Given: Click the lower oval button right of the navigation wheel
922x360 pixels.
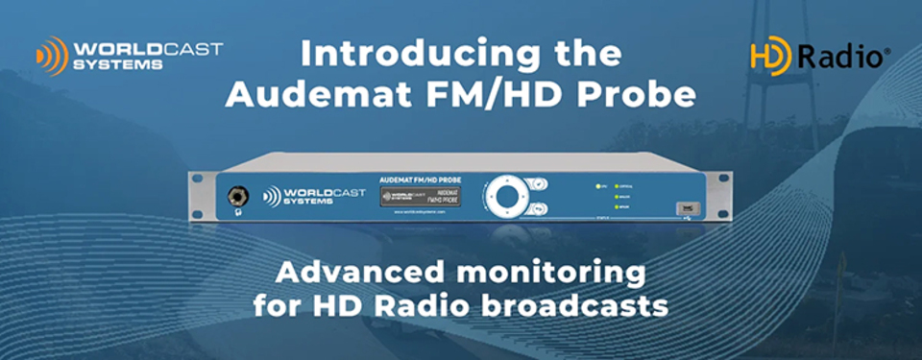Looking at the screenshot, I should coord(540,206).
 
